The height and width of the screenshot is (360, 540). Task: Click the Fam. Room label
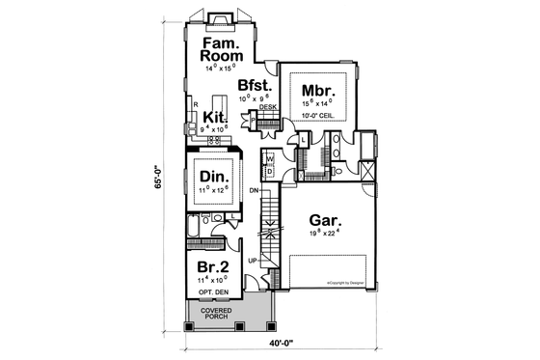pos(221,49)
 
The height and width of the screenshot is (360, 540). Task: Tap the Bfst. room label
pos(257,84)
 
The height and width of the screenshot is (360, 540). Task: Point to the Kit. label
pos(214,116)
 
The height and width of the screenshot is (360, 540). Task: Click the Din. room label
pos(212,177)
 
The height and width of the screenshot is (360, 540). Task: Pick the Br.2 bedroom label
pos(212,267)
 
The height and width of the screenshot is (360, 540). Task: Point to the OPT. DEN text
pos(212,291)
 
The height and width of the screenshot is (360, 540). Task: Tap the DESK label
pos(267,107)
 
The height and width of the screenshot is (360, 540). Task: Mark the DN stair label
pos(253,190)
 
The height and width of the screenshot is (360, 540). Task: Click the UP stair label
pos(253,261)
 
